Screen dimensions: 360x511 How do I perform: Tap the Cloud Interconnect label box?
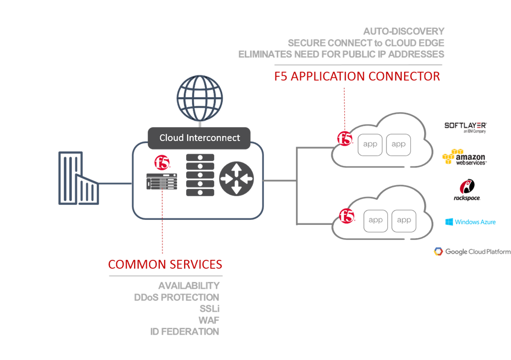[200, 138]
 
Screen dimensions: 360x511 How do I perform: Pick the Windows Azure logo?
[471, 222]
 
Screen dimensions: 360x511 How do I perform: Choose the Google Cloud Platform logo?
[472, 252]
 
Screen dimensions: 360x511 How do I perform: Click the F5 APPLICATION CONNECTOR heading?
[357, 76]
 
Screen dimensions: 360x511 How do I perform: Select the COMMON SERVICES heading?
[165, 264]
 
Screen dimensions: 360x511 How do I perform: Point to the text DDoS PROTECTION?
[177, 297]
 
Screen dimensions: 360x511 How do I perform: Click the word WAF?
[209, 320]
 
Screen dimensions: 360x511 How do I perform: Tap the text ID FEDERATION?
[185, 332]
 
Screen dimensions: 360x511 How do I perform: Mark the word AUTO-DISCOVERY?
[404, 31]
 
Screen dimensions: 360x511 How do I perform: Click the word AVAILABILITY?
[189, 286]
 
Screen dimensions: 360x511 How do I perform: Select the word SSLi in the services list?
[210, 309]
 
